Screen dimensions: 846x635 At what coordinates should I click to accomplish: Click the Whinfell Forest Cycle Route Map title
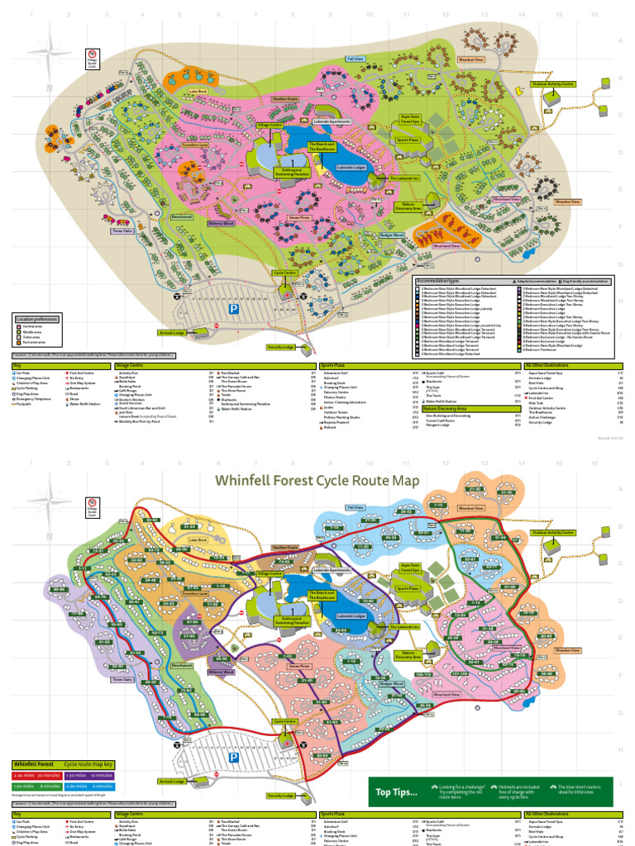[317, 481]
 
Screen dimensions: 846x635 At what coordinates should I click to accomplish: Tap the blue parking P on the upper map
[234, 307]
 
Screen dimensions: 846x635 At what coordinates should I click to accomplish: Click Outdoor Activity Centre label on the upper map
[553, 83]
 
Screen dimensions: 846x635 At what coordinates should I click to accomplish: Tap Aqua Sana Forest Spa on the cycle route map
[410, 568]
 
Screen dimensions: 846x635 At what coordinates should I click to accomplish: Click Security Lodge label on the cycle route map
[280, 796]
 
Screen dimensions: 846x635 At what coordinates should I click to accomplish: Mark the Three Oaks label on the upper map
[122, 231]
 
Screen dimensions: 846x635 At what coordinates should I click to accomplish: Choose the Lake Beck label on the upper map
[197, 92]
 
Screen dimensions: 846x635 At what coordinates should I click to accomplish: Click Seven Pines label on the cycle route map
[299, 666]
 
